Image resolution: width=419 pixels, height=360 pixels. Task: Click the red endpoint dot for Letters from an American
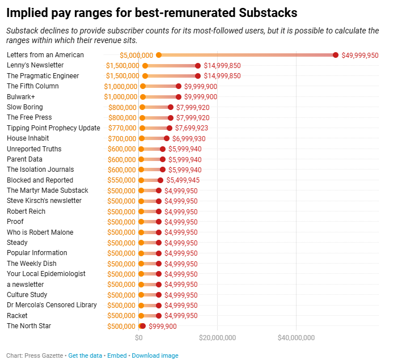[x=335, y=55]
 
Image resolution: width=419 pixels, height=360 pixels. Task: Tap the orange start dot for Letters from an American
[x=159, y=55]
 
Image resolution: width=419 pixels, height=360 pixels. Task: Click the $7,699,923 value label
[x=192, y=128]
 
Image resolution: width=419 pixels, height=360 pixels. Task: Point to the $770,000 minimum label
[x=121, y=128]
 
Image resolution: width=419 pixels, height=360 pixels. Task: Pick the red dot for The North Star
[x=143, y=326]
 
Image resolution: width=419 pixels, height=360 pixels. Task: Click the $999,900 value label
[x=163, y=327]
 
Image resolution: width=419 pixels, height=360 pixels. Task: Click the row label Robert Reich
[x=26, y=211]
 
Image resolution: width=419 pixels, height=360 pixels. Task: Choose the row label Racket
[x=17, y=316]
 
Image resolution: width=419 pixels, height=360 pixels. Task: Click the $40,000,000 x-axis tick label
[x=295, y=338]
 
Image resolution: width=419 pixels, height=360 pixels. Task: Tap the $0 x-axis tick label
[x=139, y=338]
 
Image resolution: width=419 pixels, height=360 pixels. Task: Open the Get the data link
[x=85, y=355]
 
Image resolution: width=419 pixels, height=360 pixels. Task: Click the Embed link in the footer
[x=117, y=355]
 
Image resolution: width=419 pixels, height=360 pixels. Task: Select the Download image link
[x=155, y=355]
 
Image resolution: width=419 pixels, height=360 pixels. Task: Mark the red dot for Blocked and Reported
[x=160, y=180]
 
